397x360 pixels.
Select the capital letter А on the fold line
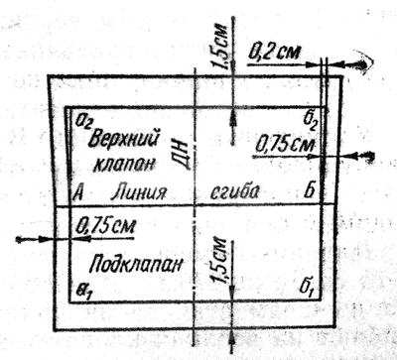(x=77, y=191)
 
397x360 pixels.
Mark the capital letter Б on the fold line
(x=311, y=191)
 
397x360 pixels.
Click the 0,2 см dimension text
(x=277, y=47)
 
